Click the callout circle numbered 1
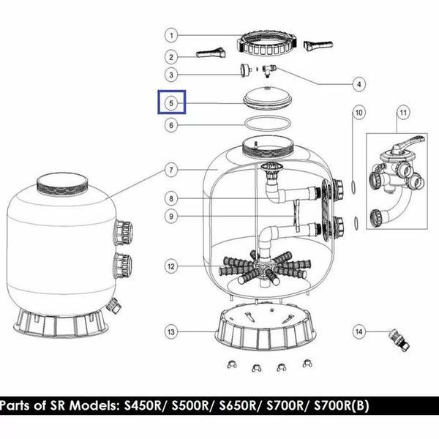[171, 36]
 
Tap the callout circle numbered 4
[359, 84]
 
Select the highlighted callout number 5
[171, 103]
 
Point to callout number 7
[171, 170]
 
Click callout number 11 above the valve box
[403, 113]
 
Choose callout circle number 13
[171, 332]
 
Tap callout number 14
[359, 331]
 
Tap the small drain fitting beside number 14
[399, 339]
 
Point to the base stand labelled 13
[266, 326]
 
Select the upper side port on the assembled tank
[123, 233]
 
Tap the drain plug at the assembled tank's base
[114, 306]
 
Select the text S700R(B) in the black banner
[341, 405]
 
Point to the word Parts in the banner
[15, 405]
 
